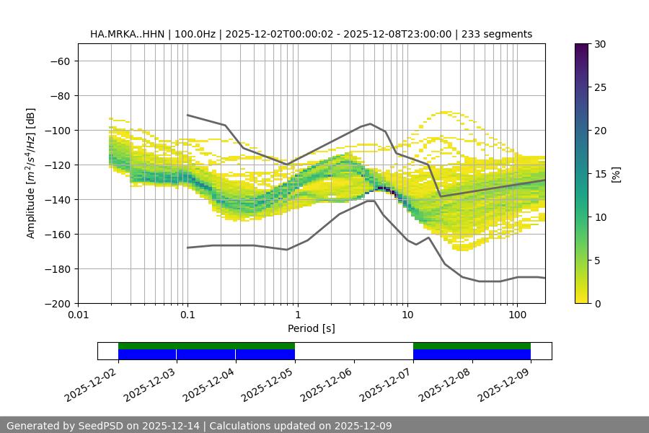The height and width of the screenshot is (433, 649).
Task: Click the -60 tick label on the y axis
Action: [59, 61]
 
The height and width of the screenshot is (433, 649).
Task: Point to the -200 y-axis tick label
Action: [56, 303]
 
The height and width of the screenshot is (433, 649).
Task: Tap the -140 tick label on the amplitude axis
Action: [56, 199]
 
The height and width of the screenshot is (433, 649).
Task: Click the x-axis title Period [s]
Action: [311, 328]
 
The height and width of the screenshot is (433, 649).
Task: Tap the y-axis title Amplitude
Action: [31, 173]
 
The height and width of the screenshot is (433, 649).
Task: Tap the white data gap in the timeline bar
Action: [353, 351]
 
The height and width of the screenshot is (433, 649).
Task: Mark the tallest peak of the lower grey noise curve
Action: [371, 201]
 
